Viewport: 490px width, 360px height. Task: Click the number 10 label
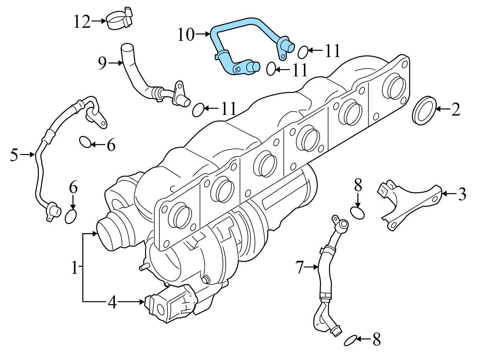click(186, 35)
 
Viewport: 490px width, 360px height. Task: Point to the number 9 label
click(103, 63)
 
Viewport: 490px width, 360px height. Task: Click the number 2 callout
click(456, 109)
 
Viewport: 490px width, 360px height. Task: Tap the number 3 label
click(462, 194)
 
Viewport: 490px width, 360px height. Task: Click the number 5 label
click(14, 155)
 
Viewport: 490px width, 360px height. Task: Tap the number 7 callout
click(300, 267)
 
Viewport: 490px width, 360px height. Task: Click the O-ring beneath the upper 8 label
click(357, 213)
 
